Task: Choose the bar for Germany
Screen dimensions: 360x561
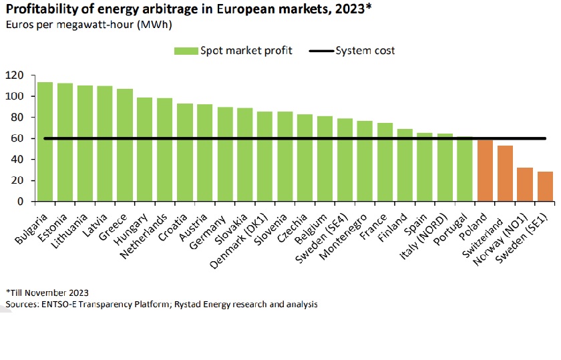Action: click(225, 154)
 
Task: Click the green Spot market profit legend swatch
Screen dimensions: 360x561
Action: click(186, 51)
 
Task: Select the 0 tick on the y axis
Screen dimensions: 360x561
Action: click(21, 201)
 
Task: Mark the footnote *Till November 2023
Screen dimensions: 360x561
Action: click(47, 293)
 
